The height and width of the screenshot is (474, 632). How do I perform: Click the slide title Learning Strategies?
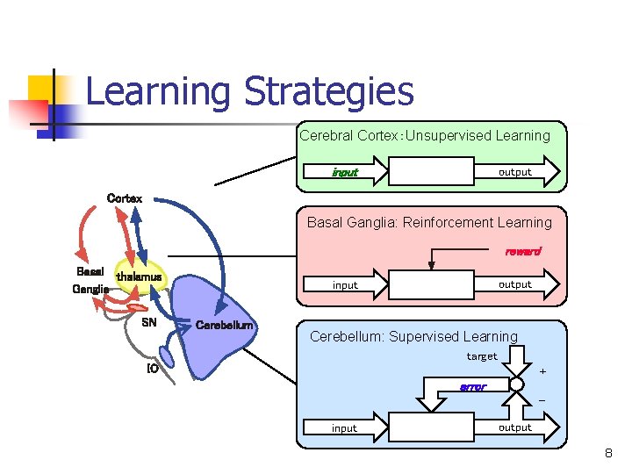pyautogui.click(x=249, y=91)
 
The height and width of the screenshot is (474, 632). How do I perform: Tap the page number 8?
pyautogui.click(x=607, y=454)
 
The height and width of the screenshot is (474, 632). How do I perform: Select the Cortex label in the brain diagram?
pyautogui.click(x=124, y=198)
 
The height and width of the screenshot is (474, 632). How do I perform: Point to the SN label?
pyautogui.click(x=149, y=322)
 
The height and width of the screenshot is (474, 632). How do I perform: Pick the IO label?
pyautogui.click(x=152, y=369)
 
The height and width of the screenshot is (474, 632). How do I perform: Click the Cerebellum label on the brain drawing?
pyautogui.click(x=224, y=326)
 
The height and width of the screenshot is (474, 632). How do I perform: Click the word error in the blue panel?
pyautogui.click(x=473, y=387)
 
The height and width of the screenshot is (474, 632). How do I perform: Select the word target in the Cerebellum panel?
pyautogui.click(x=482, y=355)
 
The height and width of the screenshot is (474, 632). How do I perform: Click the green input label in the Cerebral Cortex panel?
pyautogui.click(x=345, y=172)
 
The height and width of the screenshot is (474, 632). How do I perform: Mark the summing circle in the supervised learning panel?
pyautogui.click(x=516, y=384)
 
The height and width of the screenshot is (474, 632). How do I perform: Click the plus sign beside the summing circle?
pyautogui.click(x=542, y=371)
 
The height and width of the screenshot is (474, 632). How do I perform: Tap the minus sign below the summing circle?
pyautogui.click(x=542, y=401)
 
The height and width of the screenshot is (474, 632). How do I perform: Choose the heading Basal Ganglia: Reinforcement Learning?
pyautogui.click(x=429, y=222)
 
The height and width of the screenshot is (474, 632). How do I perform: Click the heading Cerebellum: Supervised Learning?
pyautogui.click(x=413, y=336)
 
